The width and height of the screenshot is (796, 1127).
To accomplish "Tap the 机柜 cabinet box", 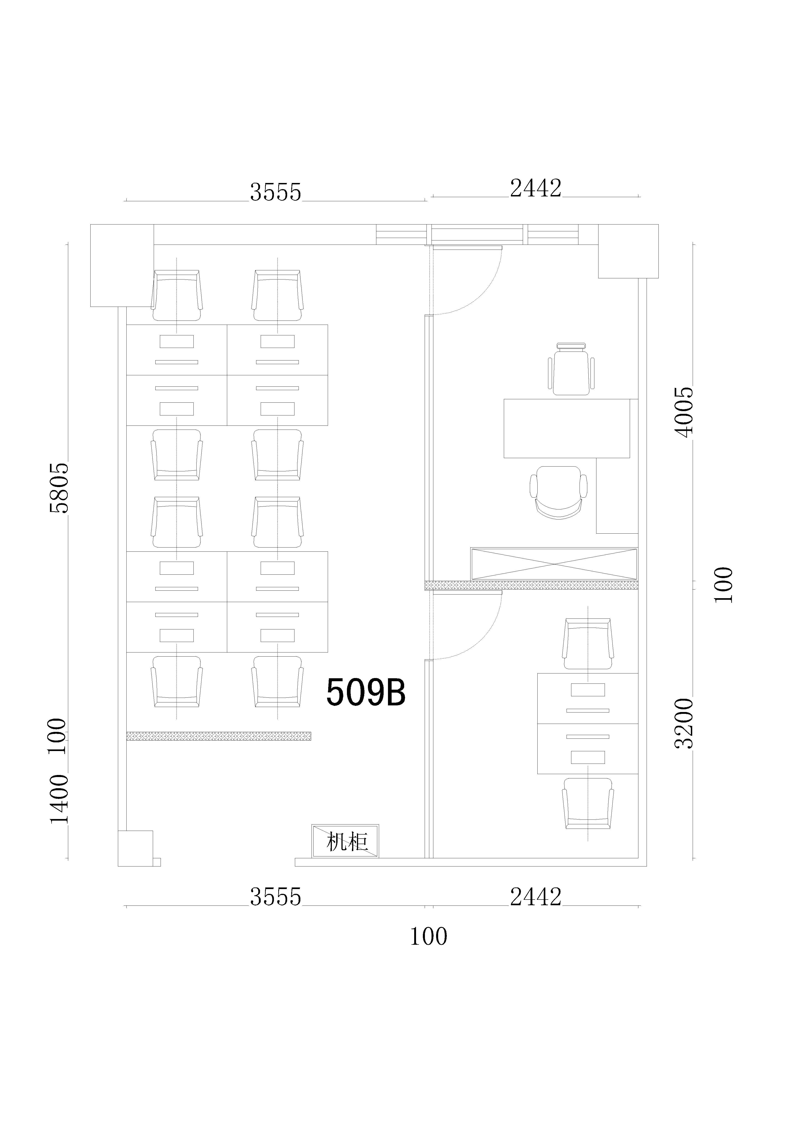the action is click(346, 841).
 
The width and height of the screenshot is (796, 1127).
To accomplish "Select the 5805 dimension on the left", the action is click(59, 488).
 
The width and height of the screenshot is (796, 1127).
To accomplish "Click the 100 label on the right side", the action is click(723, 585).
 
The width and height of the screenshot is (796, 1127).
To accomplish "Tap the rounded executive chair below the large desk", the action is click(559, 492).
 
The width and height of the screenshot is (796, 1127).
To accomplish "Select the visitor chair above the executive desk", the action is click(571, 369).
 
